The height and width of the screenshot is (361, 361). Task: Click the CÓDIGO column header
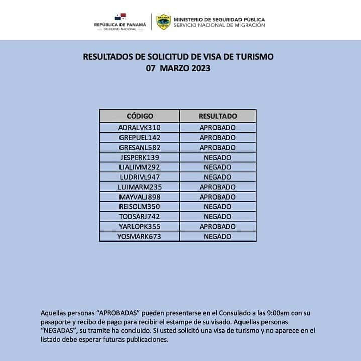point(140,116)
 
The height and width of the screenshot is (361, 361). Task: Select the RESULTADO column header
point(217,116)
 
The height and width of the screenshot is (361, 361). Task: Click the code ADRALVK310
point(140,128)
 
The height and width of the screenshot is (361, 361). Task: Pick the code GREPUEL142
point(140,137)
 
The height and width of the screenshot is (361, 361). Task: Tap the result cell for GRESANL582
point(217,147)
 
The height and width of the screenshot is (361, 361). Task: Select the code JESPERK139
point(140,157)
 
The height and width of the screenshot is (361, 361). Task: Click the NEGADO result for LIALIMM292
point(217,167)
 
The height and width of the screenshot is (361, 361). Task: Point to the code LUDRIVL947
point(140,177)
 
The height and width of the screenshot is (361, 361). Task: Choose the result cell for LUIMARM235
point(217,187)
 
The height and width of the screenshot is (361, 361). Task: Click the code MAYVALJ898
point(140,197)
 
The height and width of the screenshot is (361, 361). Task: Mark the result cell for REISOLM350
point(217,207)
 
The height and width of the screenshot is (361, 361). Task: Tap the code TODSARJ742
point(140,216)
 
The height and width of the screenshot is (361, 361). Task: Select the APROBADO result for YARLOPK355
point(217,226)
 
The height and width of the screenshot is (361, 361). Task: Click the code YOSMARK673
point(140,236)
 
